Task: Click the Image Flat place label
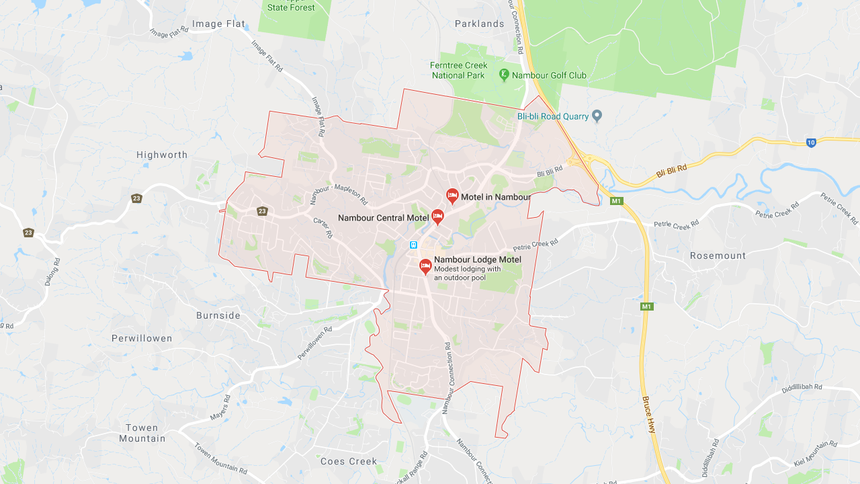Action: [219, 24]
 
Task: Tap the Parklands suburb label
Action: [479, 24]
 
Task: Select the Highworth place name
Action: [162, 155]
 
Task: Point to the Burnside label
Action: [218, 315]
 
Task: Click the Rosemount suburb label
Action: [718, 255]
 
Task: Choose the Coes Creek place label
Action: [349, 461]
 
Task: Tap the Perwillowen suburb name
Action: [142, 338]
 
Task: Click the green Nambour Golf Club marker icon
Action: [504, 75]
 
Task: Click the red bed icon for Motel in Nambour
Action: [452, 196]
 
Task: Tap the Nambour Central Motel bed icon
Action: [437, 216]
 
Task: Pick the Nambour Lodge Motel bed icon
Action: [425, 266]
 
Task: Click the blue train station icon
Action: [414, 245]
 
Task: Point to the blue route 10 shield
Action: [811, 143]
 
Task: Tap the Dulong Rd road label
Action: [52, 272]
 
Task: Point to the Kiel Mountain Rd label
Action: [815, 454]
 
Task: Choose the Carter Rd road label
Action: [323, 227]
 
